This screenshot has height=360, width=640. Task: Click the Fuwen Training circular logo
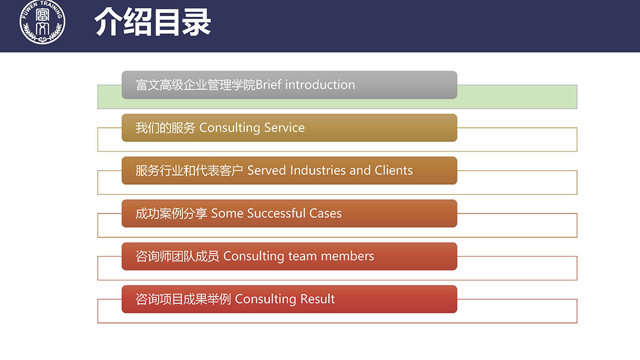click(x=42, y=22)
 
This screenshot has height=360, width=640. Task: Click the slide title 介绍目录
click(x=152, y=22)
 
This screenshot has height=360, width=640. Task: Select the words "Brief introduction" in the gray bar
click(x=306, y=85)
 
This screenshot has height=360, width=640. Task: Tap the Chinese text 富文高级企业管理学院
click(x=195, y=85)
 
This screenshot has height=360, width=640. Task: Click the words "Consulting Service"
click(x=252, y=128)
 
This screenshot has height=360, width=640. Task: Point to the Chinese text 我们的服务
click(x=165, y=128)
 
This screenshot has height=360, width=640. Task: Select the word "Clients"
click(x=393, y=170)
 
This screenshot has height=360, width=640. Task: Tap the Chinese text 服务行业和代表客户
click(x=189, y=171)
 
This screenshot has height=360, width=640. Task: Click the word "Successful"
click(x=277, y=213)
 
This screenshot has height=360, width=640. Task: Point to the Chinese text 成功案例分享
click(x=171, y=214)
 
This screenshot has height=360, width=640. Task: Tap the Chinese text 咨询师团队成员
click(x=177, y=257)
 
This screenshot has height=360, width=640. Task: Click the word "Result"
click(x=318, y=299)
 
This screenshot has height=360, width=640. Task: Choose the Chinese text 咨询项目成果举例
click(x=183, y=299)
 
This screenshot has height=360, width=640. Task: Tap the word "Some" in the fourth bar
click(x=227, y=213)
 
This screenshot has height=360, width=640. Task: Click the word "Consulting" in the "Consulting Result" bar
click(x=265, y=299)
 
